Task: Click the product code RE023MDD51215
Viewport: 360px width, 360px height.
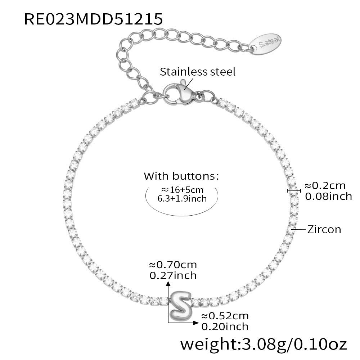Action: (94, 19)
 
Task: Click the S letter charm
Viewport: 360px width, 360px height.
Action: (180, 306)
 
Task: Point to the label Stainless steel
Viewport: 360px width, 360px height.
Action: (198, 72)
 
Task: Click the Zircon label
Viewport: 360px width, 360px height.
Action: (324, 229)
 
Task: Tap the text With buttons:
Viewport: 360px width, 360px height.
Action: (181, 176)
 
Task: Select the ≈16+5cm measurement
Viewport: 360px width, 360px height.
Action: (182, 190)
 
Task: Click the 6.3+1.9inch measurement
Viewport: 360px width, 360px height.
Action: (182, 198)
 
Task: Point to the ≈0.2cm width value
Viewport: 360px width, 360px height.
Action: (325, 185)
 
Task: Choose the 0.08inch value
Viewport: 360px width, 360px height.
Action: (328, 196)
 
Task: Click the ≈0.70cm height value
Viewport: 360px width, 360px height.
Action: (173, 265)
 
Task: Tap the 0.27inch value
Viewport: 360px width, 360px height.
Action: (173, 275)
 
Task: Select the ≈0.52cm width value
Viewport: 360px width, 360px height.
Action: (225, 316)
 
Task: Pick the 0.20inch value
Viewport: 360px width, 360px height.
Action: (225, 326)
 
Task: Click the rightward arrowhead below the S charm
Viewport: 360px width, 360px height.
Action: (196, 323)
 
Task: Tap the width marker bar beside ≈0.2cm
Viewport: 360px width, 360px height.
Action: (294, 190)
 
